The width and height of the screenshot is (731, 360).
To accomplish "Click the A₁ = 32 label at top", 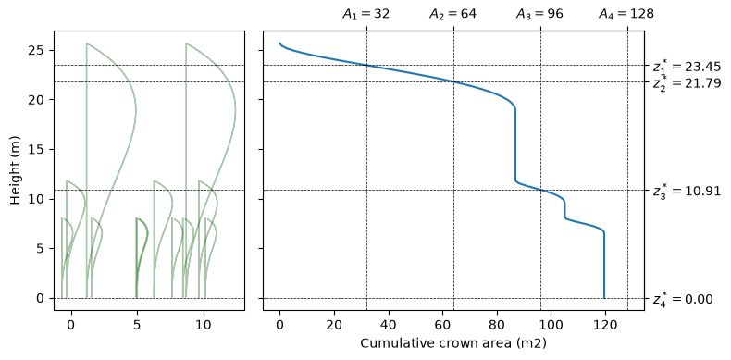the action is pos(366,14).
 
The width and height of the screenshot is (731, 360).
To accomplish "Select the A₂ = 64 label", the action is pos(452,14).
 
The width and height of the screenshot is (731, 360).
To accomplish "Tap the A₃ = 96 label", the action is pos(539,14).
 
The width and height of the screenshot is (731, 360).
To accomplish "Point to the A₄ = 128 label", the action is pos(626,14).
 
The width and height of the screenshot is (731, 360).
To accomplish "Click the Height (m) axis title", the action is pos(16,170).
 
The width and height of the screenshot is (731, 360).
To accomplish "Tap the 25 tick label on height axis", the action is pos(39,50).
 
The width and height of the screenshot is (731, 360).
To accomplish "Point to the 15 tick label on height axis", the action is pos(39,149).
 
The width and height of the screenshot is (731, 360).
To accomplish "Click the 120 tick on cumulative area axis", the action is pos(605,323).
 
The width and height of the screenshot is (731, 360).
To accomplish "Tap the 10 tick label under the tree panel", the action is pos(204,323).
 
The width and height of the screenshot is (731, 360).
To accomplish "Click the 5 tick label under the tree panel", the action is pos(137,323).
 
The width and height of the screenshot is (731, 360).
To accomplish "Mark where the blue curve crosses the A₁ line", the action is pos(367,65).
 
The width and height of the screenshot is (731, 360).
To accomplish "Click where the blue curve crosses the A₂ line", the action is pos(453,81).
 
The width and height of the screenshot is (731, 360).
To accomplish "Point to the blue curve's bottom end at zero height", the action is pos(604,298).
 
